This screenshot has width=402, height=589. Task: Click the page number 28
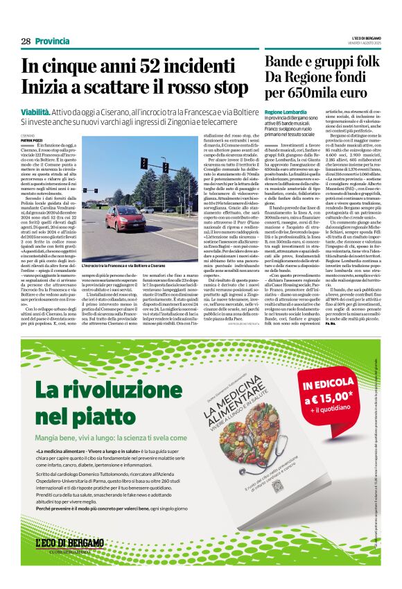tap(26, 42)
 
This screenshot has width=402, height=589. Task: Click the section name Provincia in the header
tap(52, 42)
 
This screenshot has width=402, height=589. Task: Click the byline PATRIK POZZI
tap(32, 140)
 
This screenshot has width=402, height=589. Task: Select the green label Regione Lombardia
tap(283, 112)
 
